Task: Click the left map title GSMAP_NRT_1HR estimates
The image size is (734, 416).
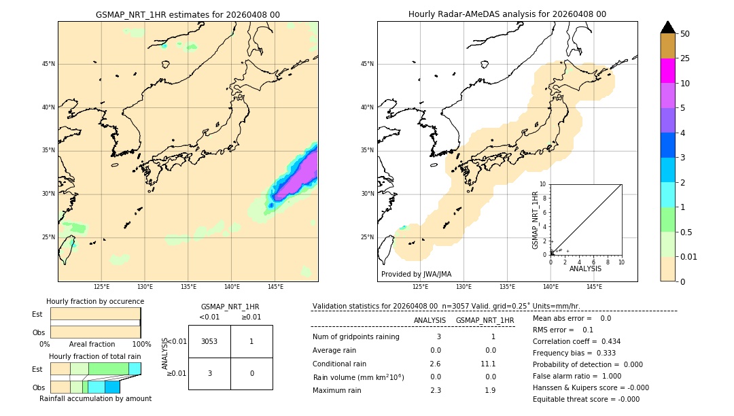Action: [x=188, y=14]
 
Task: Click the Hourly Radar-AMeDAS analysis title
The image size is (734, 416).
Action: [x=507, y=14]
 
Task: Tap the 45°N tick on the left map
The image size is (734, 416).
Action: [x=48, y=64]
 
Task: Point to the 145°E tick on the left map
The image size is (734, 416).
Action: [x=275, y=288]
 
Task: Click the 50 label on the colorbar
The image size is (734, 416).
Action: [x=685, y=34]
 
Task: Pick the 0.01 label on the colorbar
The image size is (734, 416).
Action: [x=689, y=256]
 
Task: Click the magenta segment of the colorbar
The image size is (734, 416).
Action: [x=667, y=71]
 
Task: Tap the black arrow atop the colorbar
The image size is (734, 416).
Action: [x=667, y=27]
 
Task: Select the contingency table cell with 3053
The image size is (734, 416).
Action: [x=209, y=341]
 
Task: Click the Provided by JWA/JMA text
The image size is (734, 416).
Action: [x=416, y=275]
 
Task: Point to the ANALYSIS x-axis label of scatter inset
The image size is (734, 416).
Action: [x=585, y=268]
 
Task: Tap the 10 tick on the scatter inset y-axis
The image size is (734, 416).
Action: [x=543, y=184]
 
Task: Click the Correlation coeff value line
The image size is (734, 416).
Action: [x=576, y=341]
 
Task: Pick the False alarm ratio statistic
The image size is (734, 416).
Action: [x=576, y=376]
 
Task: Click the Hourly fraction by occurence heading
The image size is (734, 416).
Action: [x=95, y=301]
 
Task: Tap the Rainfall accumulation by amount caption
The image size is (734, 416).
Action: [x=95, y=398]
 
